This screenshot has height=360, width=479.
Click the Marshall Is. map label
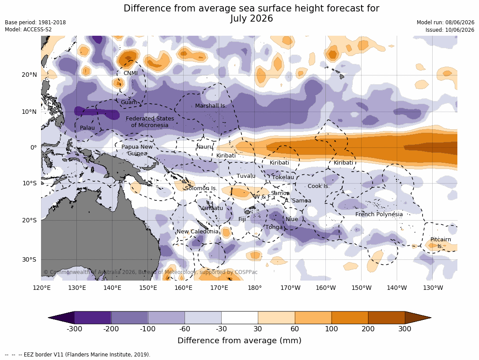(211, 105)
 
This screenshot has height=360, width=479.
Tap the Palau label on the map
(87, 127)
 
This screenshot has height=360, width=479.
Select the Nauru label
(205, 146)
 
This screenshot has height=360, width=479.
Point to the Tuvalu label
(246, 176)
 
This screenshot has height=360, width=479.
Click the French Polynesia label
(379, 214)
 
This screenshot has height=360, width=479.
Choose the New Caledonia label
(197, 232)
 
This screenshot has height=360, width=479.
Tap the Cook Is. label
(319, 186)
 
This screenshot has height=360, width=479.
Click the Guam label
(129, 102)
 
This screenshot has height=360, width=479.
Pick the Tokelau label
(283, 177)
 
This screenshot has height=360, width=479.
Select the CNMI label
(130, 73)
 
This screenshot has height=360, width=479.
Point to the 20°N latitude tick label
(29, 75)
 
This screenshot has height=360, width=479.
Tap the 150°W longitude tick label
(362, 288)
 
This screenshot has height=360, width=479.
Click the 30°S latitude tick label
(29, 259)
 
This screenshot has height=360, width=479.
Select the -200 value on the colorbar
(111, 329)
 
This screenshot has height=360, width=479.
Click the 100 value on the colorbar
(332, 329)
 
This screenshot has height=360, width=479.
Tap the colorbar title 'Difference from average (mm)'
(239, 341)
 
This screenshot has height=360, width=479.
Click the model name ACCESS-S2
(38, 30)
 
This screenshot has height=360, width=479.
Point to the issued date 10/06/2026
(460, 30)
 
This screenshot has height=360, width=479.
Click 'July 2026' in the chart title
(251, 19)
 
